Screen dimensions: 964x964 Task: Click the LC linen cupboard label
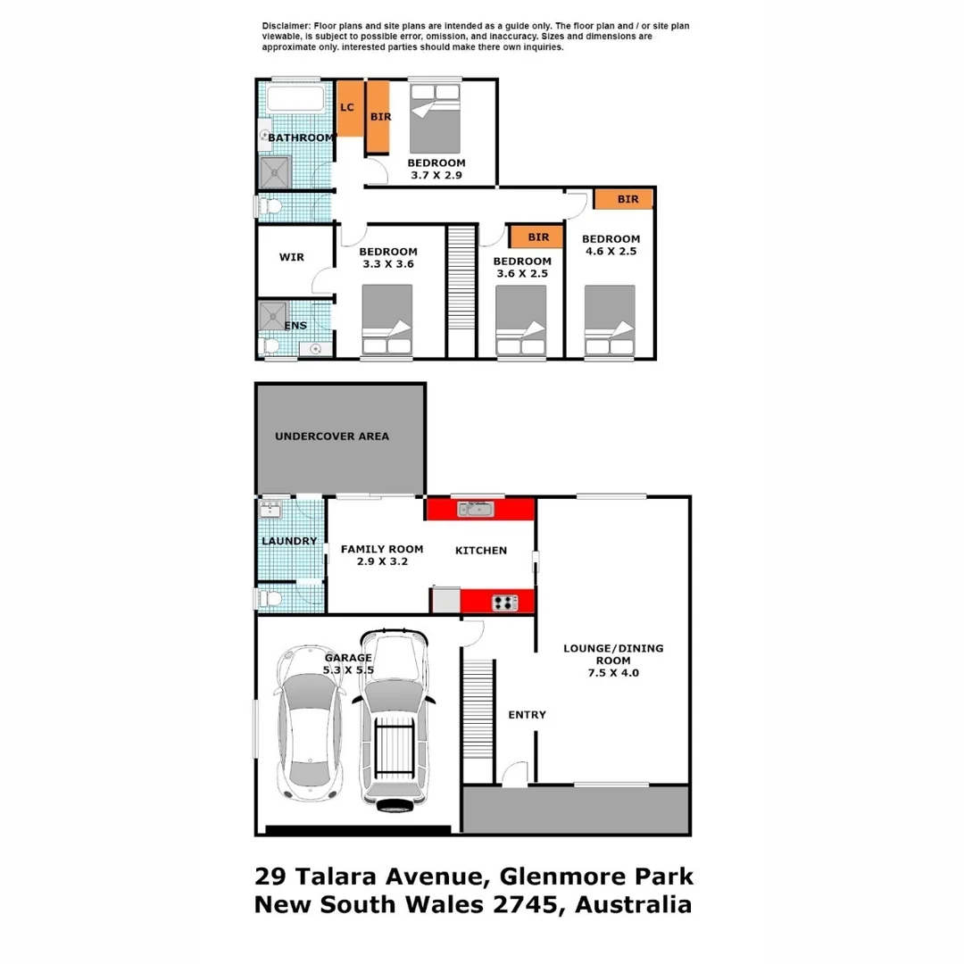pyautogui.click(x=347, y=108)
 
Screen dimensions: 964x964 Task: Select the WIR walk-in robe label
pyautogui.click(x=291, y=258)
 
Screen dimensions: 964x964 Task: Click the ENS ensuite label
pyautogui.click(x=295, y=326)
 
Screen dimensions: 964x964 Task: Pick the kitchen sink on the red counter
pyautogui.click(x=475, y=509)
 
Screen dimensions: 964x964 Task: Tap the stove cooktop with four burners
pyautogui.click(x=504, y=602)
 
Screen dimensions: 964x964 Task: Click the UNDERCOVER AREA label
pyautogui.click(x=331, y=436)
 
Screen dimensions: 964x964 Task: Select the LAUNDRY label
pyautogui.click(x=289, y=541)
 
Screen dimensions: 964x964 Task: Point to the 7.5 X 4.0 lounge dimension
pyautogui.click(x=612, y=673)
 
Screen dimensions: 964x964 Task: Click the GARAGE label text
pyautogui.click(x=347, y=658)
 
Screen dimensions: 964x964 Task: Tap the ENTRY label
pyautogui.click(x=527, y=715)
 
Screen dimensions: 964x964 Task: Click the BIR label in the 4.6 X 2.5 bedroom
pyautogui.click(x=627, y=199)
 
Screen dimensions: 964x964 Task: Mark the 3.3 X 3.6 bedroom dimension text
pyautogui.click(x=390, y=264)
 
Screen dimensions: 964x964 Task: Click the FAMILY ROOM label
pyautogui.click(x=382, y=550)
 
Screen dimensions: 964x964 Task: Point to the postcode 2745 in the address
pyautogui.click(x=534, y=904)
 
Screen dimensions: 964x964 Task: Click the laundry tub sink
pyautogui.click(x=270, y=511)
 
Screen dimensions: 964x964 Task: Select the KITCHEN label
pyautogui.click(x=481, y=551)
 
